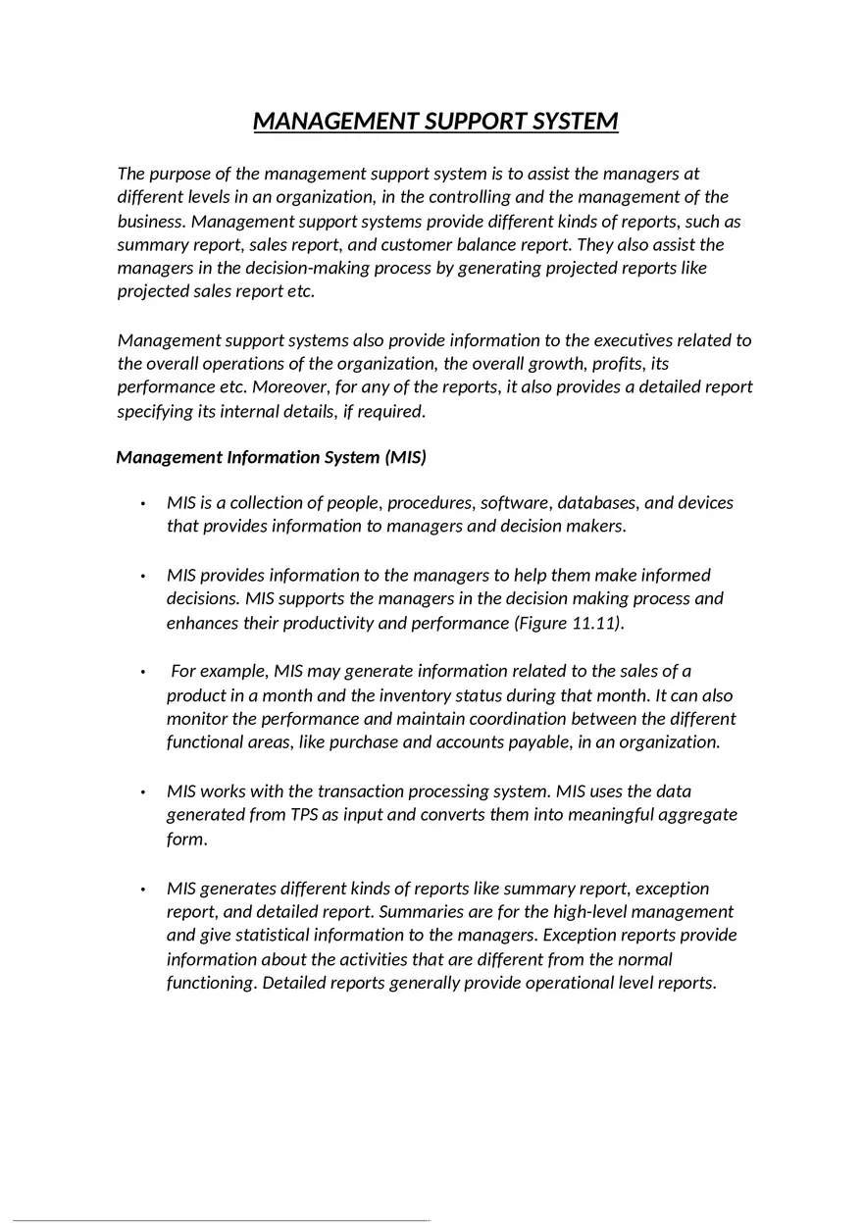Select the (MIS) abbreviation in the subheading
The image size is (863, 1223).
[405, 457]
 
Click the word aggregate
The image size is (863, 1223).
[698, 815]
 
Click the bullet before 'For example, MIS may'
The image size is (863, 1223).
[143, 672]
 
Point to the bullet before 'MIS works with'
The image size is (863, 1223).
[143, 791]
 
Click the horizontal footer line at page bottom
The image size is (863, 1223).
[221, 1220]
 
